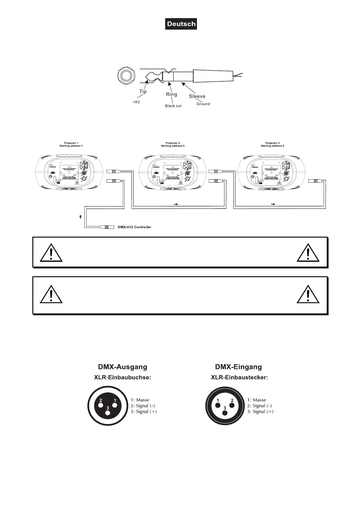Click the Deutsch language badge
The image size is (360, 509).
[181, 24]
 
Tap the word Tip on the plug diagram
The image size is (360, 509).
[143, 92]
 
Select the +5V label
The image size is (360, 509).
[136, 102]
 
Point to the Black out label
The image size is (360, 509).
[173, 106]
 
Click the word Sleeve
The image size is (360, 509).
[197, 96]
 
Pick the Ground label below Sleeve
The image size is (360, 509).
[203, 104]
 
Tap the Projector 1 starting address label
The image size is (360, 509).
[71, 144]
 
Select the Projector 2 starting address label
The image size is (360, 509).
[172, 144]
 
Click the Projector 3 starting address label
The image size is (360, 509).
[272, 144]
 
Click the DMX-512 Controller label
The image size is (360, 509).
[134, 227]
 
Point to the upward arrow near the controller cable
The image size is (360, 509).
[80, 217]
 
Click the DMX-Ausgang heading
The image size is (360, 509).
[123, 367]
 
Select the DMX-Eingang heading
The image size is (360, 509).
[238, 367]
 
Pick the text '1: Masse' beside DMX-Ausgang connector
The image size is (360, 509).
[140, 400]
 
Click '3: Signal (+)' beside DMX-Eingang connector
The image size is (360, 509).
[260, 411]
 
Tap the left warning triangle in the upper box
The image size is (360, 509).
[51, 252]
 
